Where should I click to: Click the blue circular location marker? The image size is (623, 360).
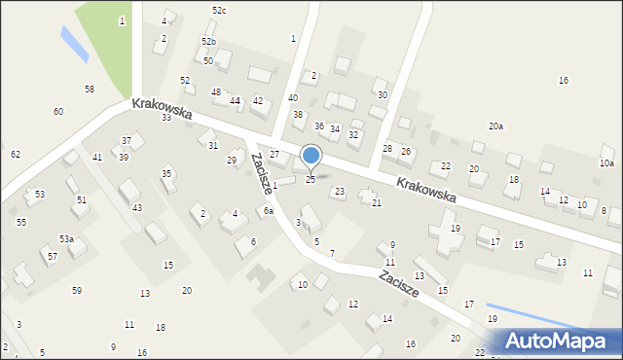(311, 155)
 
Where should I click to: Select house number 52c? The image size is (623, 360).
(219, 10)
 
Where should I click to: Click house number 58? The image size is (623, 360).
(90, 89)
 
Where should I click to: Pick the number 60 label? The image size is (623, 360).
(58, 112)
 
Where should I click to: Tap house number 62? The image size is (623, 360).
(16, 155)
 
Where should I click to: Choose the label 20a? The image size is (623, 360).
(496, 126)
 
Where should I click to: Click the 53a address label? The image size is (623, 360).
(66, 238)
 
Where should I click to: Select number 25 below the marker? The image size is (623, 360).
(311, 180)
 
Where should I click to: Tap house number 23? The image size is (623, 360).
(340, 192)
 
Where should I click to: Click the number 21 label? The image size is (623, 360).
(377, 202)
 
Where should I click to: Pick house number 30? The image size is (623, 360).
(383, 94)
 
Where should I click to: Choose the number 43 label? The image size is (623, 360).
(137, 207)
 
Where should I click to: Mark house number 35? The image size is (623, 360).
(166, 173)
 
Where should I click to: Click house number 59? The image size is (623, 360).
(77, 291)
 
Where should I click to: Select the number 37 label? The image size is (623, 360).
(127, 142)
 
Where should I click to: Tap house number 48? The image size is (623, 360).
(216, 91)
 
